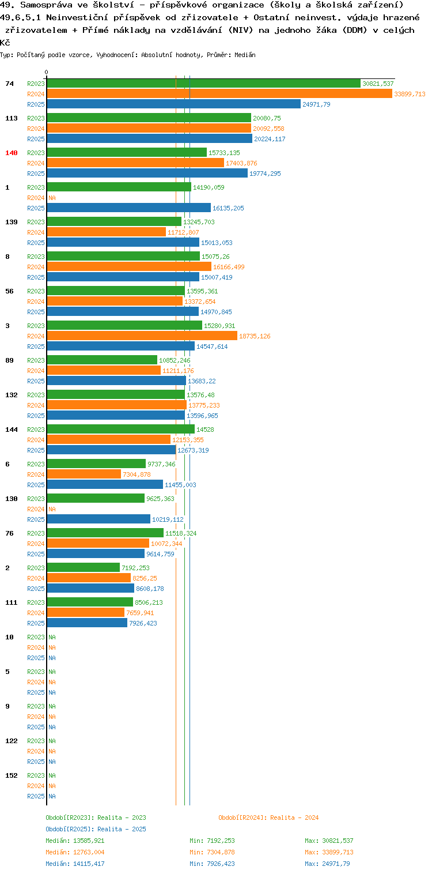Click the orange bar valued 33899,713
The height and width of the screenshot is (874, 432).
[219, 93]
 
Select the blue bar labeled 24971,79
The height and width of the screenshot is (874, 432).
[174, 104]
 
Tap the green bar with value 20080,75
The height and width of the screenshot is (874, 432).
[149, 118]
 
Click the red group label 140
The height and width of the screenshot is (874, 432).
[12, 153]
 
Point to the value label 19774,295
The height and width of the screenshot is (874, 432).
[265, 173]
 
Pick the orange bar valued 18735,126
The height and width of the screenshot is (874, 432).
[142, 336]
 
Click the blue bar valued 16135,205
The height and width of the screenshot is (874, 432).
[129, 208]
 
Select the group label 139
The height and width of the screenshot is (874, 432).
[12, 221]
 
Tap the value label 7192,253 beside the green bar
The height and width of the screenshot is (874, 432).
[136, 568]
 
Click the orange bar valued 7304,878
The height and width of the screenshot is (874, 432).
[84, 474]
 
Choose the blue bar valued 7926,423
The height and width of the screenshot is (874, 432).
[88, 623]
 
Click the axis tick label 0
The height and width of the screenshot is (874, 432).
[47, 72]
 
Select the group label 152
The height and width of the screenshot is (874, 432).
[12, 775]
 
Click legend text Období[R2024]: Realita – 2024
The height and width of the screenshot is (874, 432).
[268, 818]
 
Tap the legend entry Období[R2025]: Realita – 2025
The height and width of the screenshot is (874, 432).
[96, 828]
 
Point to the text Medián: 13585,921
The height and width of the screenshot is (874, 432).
[75, 841]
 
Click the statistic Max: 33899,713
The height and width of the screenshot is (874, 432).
[329, 852]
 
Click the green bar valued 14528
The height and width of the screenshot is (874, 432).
[121, 429]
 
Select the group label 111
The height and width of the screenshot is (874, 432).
[12, 602]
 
